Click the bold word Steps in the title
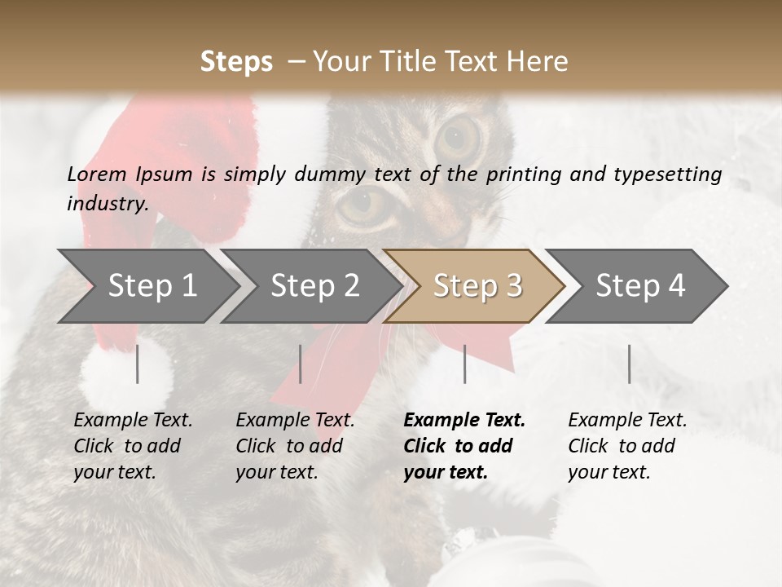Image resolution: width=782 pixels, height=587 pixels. [x=236, y=62]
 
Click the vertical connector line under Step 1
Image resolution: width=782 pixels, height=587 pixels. [x=138, y=364]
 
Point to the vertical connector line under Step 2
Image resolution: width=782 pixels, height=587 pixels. [x=301, y=364]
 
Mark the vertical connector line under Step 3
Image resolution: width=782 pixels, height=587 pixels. [x=464, y=364]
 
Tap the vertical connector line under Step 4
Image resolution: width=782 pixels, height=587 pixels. [x=629, y=364]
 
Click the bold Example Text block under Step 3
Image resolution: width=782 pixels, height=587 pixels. [x=463, y=446]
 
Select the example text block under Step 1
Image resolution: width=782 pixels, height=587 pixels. [x=132, y=446]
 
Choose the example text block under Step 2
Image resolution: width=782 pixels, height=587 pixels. [x=294, y=446]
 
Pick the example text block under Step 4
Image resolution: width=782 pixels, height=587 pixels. [x=626, y=446]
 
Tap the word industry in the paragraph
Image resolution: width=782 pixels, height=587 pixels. [x=107, y=204]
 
